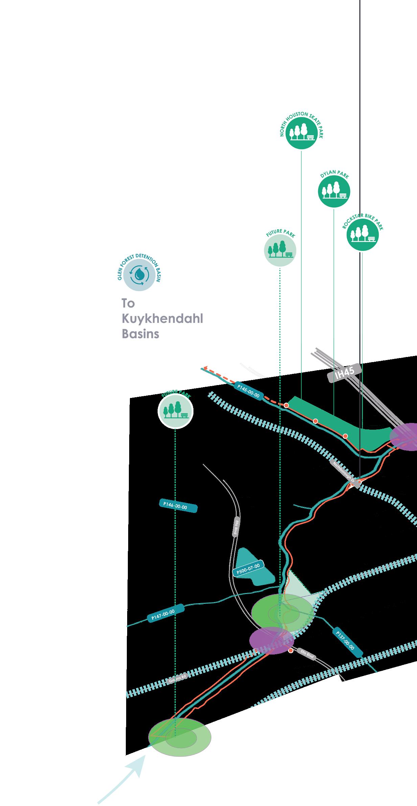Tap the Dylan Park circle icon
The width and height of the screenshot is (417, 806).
click(334, 192)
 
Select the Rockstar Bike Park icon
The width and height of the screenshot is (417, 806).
click(362, 235)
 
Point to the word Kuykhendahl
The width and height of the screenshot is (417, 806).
click(162, 319)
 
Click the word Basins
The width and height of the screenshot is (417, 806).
click(140, 334)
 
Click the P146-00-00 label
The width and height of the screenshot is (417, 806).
click(178, 506)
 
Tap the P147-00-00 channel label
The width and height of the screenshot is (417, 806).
click(165, 613)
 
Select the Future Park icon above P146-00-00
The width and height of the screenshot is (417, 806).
click(175, 411)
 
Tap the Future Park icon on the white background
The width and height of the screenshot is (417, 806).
click(280, 251)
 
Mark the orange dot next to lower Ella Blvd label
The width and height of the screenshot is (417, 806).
click(291, 650)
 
